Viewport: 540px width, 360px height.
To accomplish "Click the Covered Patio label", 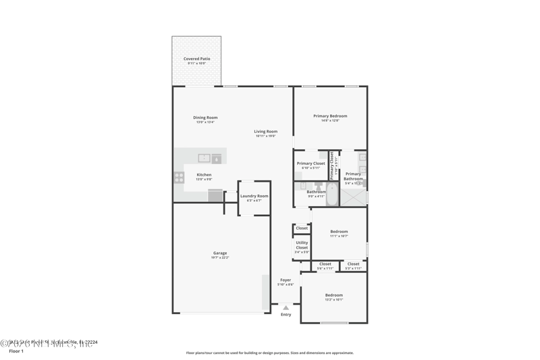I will click(196, 59).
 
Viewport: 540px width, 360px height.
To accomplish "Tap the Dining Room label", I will click(205, 118).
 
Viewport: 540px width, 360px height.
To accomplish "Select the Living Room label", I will click(265, 132).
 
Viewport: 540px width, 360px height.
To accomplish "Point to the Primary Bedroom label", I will click(330, 116).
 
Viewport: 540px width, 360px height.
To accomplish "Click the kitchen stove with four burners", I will click(180, 178).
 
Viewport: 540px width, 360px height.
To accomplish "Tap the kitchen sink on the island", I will click(204, 158).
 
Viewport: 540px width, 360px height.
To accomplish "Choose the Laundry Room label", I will click(254, 196).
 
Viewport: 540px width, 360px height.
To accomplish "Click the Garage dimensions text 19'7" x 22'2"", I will click(220, 257).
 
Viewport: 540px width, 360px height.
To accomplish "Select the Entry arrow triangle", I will click(286, 308).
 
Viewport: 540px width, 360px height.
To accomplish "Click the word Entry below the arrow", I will click(286, 315).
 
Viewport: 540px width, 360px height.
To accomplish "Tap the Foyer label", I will click(286, 280).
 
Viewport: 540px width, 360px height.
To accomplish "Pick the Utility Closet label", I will click(302, 245).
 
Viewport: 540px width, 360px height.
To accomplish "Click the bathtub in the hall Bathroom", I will click(332, 196).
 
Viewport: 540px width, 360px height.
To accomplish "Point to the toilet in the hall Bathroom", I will click(318, 187).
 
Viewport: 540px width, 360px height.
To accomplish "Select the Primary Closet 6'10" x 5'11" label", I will click(310, 163).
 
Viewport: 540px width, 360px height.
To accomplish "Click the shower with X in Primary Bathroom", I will click(352, 197).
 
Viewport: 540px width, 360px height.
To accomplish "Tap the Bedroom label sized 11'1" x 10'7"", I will click(339, 232).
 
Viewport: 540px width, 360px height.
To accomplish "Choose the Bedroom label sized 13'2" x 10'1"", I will click(333, 295).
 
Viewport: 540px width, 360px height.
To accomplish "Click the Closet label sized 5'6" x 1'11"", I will click(325, 264).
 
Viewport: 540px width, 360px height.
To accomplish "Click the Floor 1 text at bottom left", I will click(16, 351).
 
